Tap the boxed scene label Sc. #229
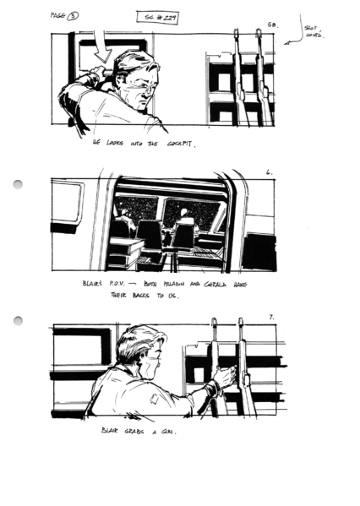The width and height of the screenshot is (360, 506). coord(156,17)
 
